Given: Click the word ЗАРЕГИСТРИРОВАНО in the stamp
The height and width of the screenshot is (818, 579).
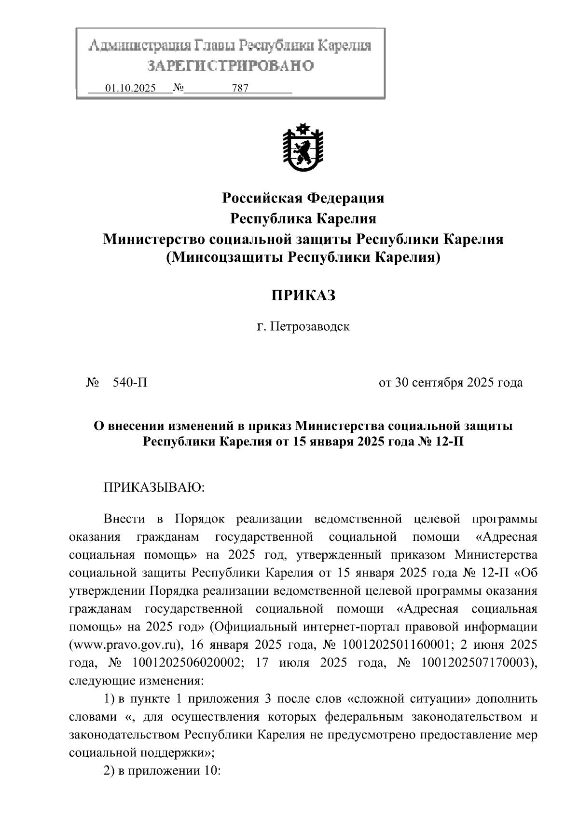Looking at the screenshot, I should click(x=230, y=66).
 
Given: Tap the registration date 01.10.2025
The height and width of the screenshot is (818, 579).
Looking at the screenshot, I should click(x=130, y=88).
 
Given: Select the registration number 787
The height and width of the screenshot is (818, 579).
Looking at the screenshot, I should click(x=240, y=88).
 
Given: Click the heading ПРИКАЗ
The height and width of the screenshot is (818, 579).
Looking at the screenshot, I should click(x=303, y=295).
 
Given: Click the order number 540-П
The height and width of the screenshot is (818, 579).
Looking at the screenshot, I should click(x=130, y=383).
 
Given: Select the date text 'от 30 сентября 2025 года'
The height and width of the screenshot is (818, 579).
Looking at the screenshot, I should click(x=450, y=383).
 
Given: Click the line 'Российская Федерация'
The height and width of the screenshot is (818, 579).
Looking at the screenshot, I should click(x=303, y=198).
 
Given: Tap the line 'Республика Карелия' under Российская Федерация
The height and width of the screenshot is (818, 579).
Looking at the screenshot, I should click(x=303, y=218).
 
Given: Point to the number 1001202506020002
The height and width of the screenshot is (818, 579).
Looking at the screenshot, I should click(x=186, y=663).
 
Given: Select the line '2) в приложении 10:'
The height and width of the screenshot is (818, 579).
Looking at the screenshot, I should click(x=162, y=771).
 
